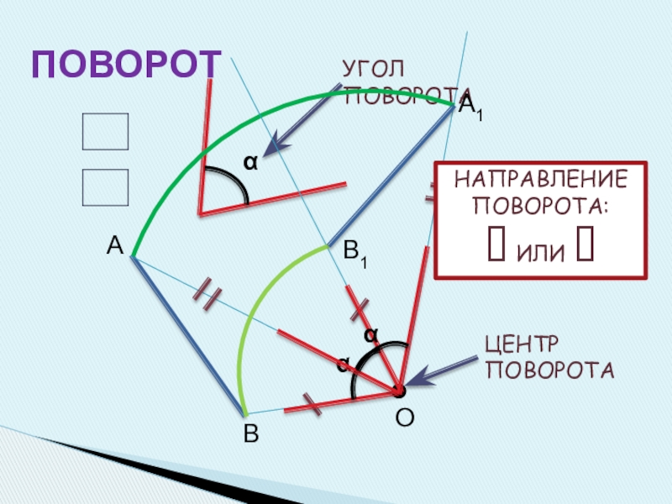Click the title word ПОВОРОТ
pyautogui.click(x=126, y=64)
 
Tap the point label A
pyautogui.click(x=115, y=245)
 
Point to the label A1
pyautogui.click(x=470, y=105)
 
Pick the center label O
pyautogui.click(x=404, y=417)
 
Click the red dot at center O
pyautogui.click(x=398, y=391)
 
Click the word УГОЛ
pyautogui.click(x=372, y=68)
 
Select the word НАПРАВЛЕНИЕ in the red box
pyautogui.click(x=540, y=180)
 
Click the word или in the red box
pyautogui.click(x=540, y=249)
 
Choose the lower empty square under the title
pyautogui.click(x=105, y=187)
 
